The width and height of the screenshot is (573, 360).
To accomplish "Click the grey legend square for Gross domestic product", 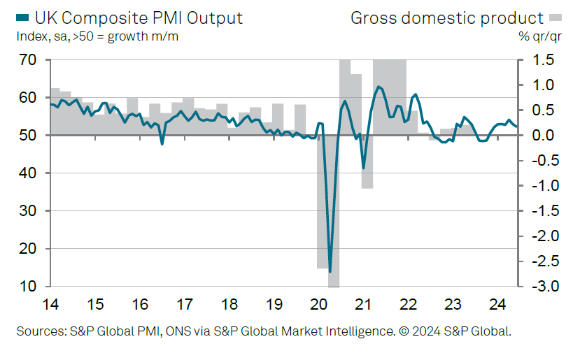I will tap(556, 16).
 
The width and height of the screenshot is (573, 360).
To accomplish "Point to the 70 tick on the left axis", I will tap(27, 60).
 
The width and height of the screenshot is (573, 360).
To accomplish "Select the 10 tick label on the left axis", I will tap(27, 287).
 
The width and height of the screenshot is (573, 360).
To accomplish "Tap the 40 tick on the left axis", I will tap(27, 173).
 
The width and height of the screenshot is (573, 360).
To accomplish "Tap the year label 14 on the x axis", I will tap(50, 305).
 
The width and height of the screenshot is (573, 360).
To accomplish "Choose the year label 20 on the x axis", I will tap(318, 305).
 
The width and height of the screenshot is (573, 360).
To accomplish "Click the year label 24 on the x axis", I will tap(497, 305).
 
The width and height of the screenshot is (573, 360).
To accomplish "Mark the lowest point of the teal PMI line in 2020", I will tap(330, 272).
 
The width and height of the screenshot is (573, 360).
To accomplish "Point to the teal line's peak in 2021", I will tap(379, 87).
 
